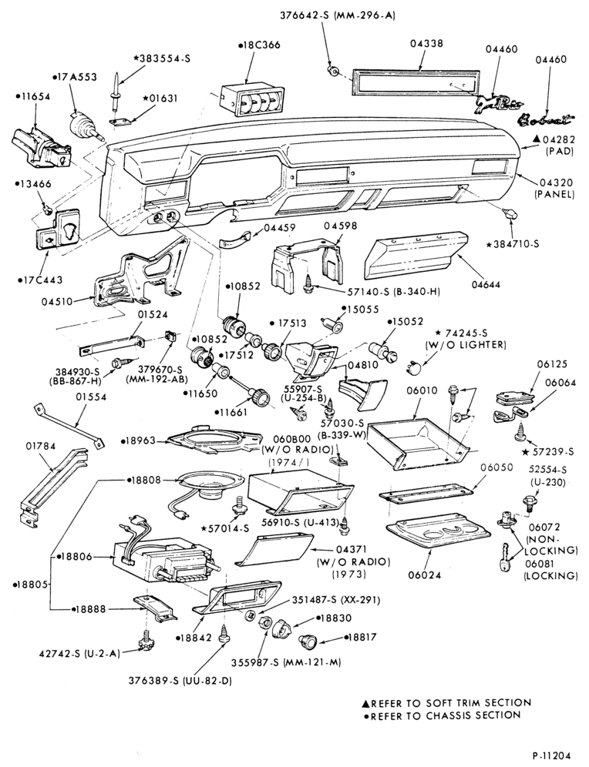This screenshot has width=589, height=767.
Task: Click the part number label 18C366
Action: (260, 45)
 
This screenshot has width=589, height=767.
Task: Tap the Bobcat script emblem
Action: (545, 119)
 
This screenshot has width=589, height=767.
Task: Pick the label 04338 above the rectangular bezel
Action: (426, 43)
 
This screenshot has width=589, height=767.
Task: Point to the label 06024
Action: (424, 574)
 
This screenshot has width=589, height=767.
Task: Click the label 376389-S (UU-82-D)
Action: (180, 681)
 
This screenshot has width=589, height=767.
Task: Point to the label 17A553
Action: (75, 77)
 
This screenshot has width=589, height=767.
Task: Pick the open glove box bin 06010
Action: (418, 443)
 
